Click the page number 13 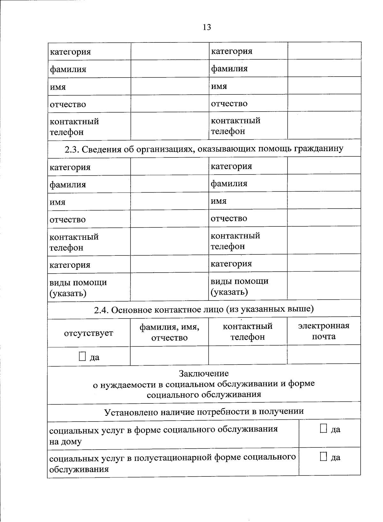[x=207, y=27]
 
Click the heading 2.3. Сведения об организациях [x=204, y=149]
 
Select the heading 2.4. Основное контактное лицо [x=204, y=309]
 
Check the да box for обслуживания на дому [x=324, y=429]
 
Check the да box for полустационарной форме [x=324, y=457]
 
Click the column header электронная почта [x=324, y=331]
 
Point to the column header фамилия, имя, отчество [x=169, y=332]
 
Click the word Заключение [x=204, y=373]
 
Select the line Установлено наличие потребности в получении [x=204, y=411]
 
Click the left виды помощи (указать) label [x=78, y=288]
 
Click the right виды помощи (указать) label [x=239, y=286]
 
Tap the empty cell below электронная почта [x=324, y=355]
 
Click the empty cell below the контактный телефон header [x=248, y=355]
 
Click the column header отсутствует [x=88, y=333]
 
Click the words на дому [x=65, y=442]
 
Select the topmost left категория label [x=70, y=52]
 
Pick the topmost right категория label [x=232, y=51]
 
